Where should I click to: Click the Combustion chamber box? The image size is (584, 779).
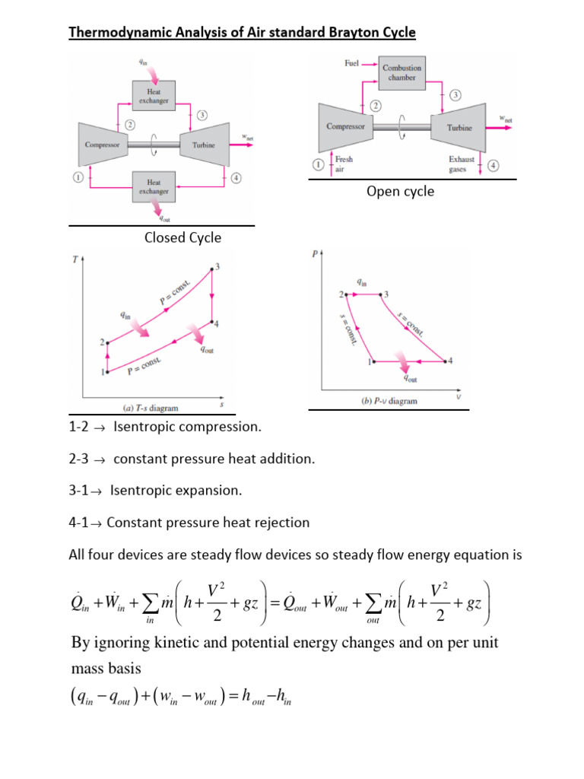point(401,73)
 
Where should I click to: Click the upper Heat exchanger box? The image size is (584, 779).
point(154,95)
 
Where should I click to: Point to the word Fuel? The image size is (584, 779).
point(351,64)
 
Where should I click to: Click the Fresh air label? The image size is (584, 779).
point(344,165)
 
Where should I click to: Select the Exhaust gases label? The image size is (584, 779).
point(461,165)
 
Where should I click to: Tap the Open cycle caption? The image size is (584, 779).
point(400,191)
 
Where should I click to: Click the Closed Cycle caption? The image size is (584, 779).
point(182,237)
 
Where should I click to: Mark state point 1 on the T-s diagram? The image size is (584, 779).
point(107,371)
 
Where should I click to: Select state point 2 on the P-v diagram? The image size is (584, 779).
point(347,294)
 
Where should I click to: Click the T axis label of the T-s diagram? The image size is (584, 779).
point(75,259)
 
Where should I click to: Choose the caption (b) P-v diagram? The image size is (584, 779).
point(389,401)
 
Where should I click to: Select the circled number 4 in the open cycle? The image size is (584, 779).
point(494,165)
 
